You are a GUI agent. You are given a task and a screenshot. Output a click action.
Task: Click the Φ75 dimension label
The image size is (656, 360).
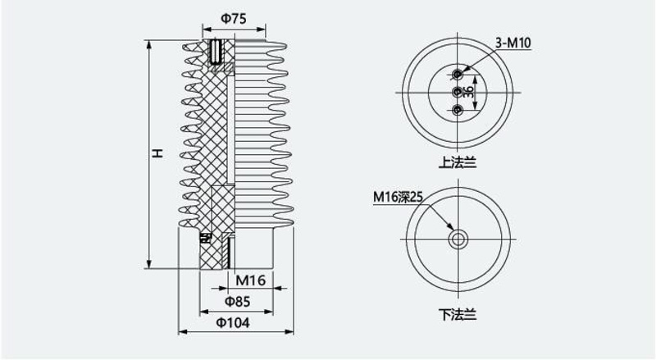pos(234,19)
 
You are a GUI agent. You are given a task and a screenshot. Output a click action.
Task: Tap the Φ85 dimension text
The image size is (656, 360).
pos(237,302)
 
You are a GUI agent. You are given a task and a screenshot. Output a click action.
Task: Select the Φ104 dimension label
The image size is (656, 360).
pos(233,323)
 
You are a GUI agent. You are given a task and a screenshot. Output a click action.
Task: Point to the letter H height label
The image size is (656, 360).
pos(157,153)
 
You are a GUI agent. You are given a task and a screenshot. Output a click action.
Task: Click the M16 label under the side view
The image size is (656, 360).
pos(250,280)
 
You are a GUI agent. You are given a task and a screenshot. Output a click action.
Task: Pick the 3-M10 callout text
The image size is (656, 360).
pos(513,43)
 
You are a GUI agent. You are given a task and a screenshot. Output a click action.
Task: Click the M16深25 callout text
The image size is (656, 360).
pos(399,197)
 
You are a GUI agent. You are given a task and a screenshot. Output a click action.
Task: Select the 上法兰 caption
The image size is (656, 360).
pos(458,162)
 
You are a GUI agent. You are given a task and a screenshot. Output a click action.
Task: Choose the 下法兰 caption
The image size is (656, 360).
pos(458,314)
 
